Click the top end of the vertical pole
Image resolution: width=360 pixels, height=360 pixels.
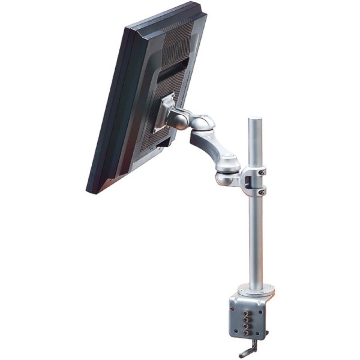click(x=255, y=119)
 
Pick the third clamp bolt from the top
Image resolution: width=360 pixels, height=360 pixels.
click(x=246, y=326)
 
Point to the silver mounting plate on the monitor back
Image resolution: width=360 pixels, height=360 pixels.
click(x=162, y=112)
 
